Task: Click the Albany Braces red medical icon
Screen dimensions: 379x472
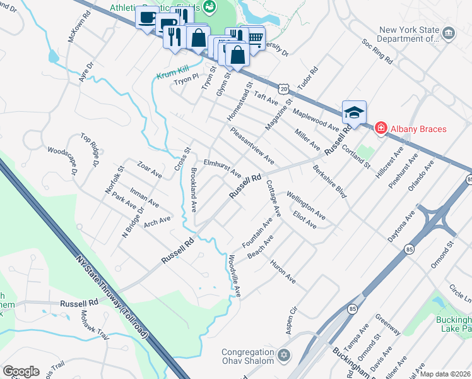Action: (x=381, y=129)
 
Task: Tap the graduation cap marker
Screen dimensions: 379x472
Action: (x=354, y=112)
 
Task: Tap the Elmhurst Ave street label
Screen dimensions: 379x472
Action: (x=222, y=167)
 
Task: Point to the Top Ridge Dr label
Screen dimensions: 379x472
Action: (x=90, y=150)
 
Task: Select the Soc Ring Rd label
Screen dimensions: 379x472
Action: (x=377, y=54)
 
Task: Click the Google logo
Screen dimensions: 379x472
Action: (x=21, y=371)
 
